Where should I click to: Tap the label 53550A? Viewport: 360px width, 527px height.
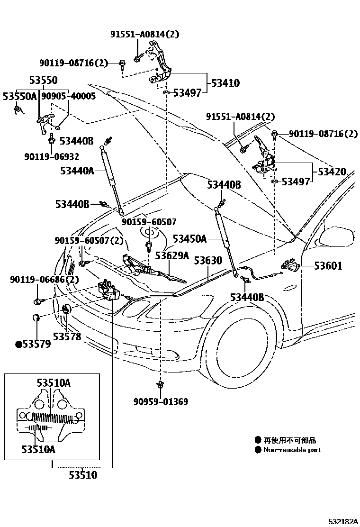click(x=19, y=96)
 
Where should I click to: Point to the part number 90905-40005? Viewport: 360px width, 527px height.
click(x=68, y=96)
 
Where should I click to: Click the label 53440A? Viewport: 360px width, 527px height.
click(x=77, y=170)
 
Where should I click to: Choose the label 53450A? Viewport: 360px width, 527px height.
click(x=189, y=239)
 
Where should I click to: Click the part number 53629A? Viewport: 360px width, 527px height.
click(x=172, y=256)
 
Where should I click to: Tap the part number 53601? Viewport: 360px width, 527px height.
click(x=327, y=266)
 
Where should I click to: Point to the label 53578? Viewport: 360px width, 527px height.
click(x=67, y=336)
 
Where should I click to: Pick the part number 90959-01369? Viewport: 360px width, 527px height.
click(x=161, y=402)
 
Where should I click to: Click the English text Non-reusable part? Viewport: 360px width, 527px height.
click(x=292, y=450)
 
